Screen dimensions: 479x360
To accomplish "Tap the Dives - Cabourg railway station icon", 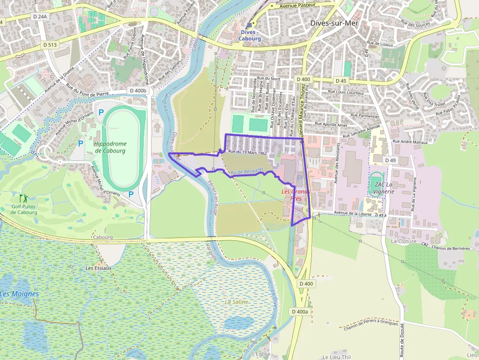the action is pos(249,25).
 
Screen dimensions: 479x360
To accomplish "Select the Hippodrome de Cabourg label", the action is pos(110,147).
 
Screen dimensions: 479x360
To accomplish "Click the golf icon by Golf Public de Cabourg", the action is pos(23,198).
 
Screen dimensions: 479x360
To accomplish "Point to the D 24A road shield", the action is pos(41,17).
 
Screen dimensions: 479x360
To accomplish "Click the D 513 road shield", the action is pos(50,45).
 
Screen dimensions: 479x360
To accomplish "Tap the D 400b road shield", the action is pos(138,90).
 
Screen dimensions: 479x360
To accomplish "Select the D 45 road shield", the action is pos(341,81).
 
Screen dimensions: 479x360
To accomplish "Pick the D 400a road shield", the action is pos(300,311).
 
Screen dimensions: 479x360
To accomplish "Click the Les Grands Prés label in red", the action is pos(296,195).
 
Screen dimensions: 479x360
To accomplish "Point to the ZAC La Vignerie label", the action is pos(383,188).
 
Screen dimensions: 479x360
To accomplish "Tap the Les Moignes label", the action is pos(20,294).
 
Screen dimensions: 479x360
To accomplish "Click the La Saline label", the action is pos(236,302).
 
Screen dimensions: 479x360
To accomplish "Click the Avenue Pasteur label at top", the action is pos(297,5).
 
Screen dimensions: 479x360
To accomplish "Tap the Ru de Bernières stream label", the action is pos(247,170).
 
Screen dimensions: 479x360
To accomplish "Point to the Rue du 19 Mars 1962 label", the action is pos(247,153).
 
